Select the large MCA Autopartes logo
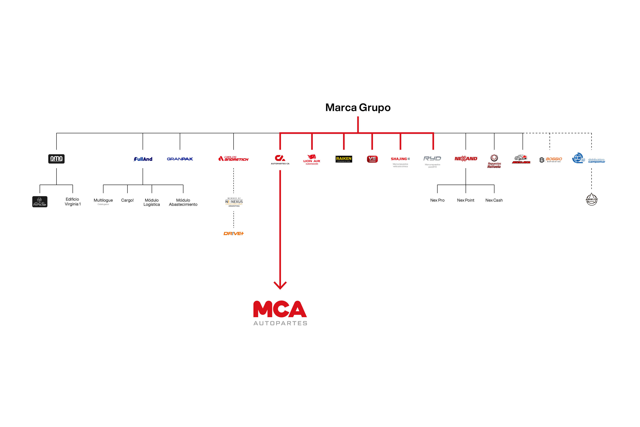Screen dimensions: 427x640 click(280, 313)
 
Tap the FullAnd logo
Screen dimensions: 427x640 click(143, 159)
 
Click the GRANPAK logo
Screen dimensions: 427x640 click(180, 159)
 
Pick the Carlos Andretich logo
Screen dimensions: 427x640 click(233, 159)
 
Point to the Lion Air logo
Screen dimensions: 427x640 click(312, 159)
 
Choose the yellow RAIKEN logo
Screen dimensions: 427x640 click(344, 159)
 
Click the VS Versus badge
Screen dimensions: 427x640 click(372, 159)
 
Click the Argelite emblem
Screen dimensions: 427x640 click(591, 199)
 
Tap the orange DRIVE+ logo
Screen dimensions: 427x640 click(233, 233)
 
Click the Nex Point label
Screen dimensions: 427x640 click(466, 200)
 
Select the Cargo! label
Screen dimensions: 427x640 click(127, 200)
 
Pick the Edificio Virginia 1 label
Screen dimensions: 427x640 click(73, 202)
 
